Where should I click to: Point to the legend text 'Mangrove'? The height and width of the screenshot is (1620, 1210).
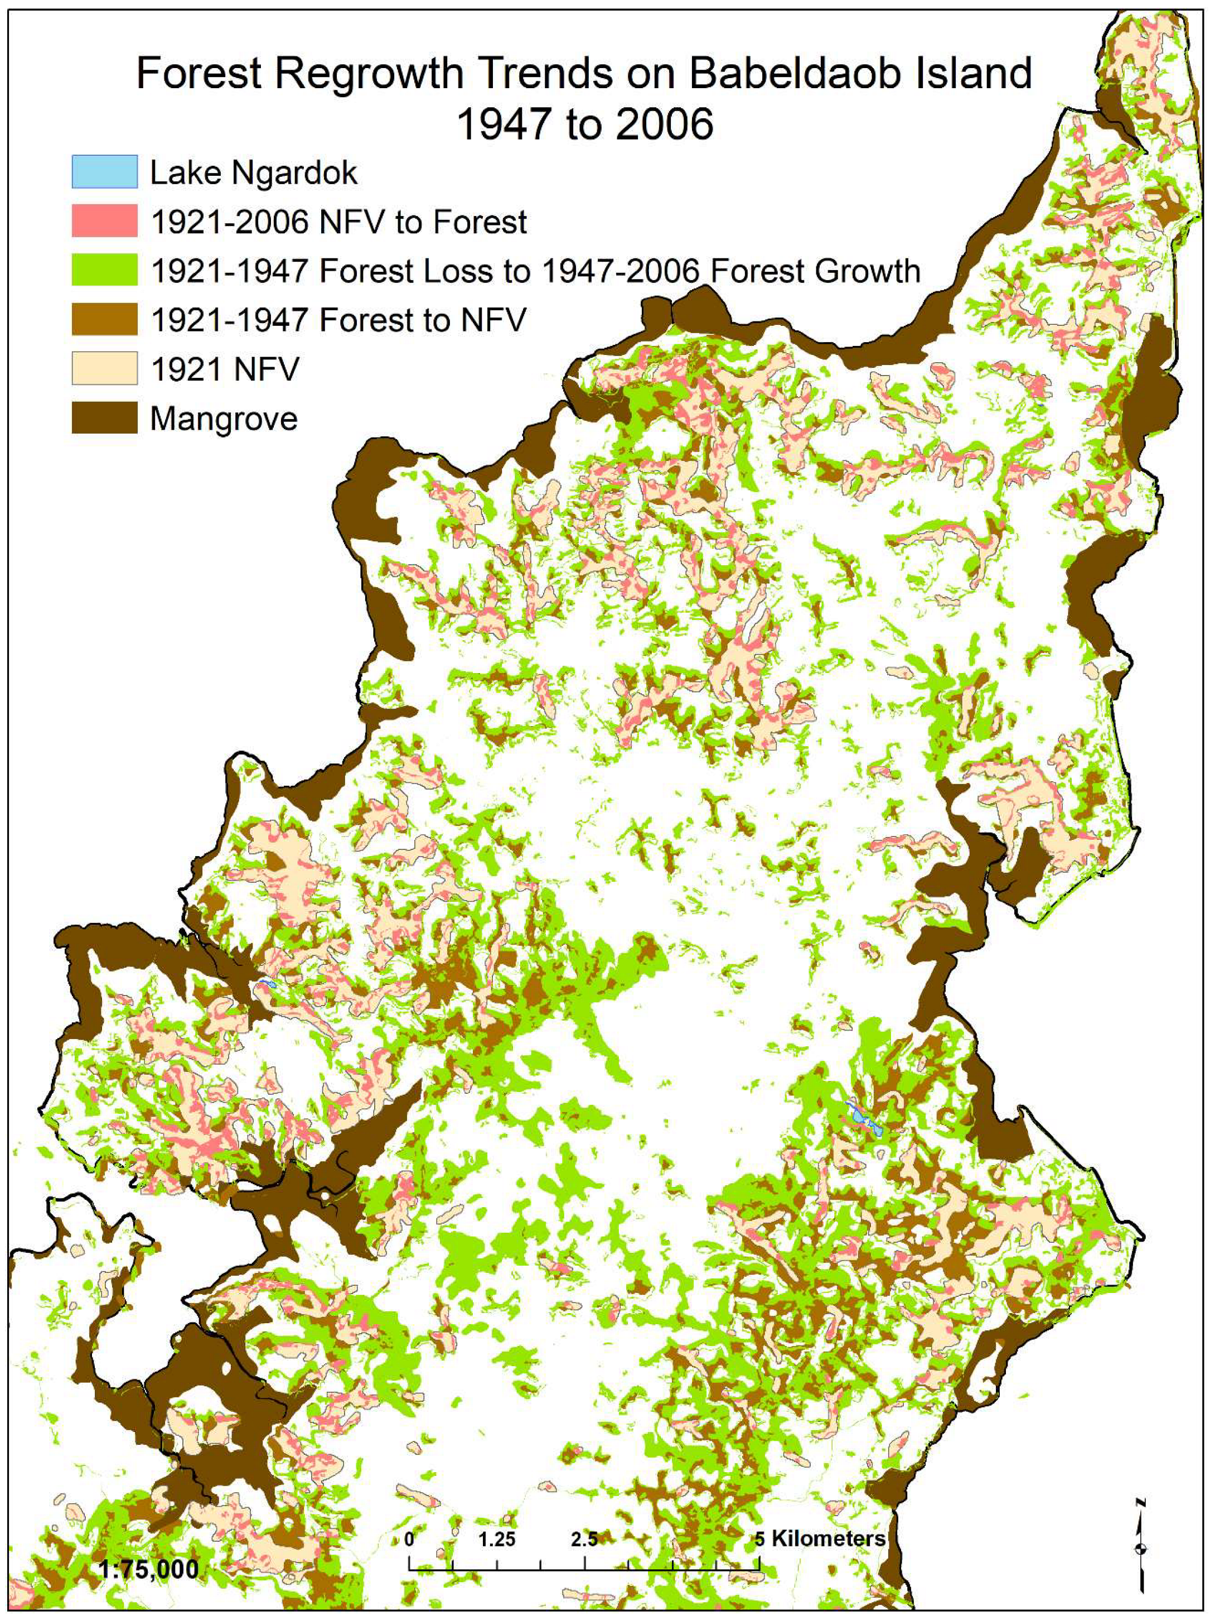223,419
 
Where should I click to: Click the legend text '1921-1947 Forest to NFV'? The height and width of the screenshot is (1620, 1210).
337,320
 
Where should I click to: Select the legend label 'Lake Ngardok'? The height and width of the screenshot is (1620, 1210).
253,173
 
